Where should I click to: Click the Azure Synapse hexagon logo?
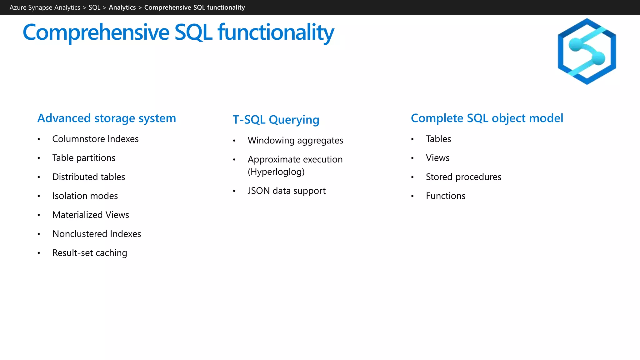587,52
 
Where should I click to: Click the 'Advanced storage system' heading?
107,118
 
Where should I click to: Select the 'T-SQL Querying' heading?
276,120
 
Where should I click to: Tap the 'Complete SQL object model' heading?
487,118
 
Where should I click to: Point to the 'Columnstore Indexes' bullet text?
95,139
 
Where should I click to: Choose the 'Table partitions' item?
84,158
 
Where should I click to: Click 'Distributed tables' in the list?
88,177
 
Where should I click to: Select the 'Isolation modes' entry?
85,196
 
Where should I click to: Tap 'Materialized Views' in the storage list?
91,215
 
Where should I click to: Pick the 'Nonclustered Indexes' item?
97,234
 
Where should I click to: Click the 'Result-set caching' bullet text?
90,253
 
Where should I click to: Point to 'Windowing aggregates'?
295,141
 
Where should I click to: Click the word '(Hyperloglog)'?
276,172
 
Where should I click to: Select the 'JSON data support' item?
287,191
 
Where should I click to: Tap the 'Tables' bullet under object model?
438,139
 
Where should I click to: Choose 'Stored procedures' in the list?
463,177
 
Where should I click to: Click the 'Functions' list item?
445,196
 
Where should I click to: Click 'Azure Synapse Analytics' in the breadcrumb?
45,7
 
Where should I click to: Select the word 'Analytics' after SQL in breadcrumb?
122,7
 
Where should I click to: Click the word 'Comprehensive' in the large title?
96,32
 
